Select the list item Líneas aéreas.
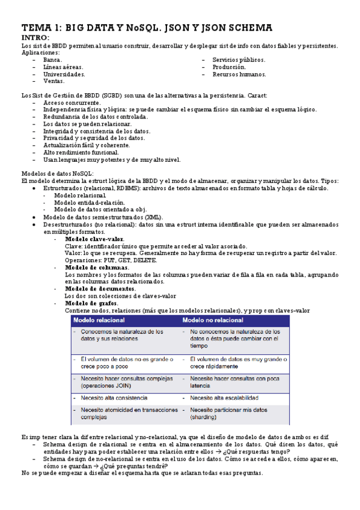coord(63,67)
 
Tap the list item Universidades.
coord(64,75)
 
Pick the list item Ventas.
coord(53,81)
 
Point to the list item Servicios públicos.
coord(239,60)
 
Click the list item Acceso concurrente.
coord(72,103)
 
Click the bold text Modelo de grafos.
coord(91,303)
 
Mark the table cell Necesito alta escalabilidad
coord(224,398)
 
